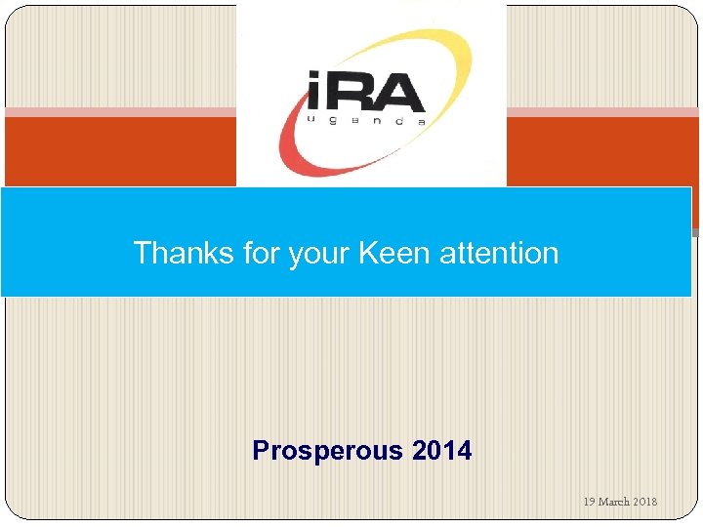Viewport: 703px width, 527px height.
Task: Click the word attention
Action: point(499,253)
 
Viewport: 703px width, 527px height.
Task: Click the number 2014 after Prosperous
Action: point(441,451)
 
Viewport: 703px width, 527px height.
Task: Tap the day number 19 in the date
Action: point(589,502)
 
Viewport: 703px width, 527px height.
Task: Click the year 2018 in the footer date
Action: point(645,502)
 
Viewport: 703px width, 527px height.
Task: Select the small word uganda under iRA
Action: point(366,122)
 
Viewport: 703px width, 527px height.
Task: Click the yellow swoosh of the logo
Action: point(410,44)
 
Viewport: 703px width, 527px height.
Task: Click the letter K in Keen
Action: point(369,253)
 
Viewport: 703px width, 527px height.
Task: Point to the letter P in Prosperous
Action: point(261,451)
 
